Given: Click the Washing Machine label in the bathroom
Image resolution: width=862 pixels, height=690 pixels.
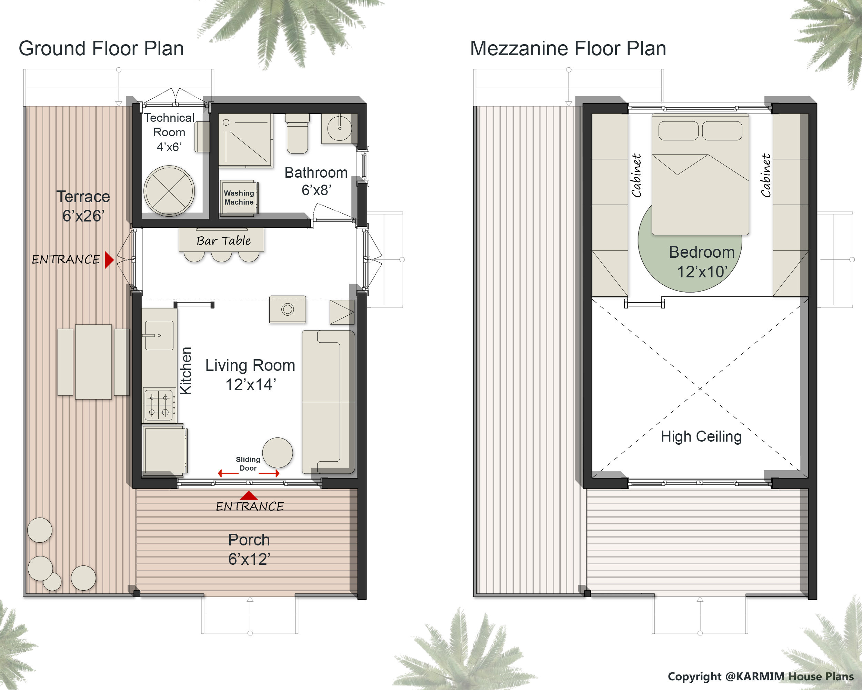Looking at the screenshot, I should (x=239, y=198).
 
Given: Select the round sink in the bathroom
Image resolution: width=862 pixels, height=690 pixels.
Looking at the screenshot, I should (x=339, y=128).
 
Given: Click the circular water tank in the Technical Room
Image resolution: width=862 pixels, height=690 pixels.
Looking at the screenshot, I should (x=169, y=191).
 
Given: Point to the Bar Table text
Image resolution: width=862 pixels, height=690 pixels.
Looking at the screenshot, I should (x=223, y=241).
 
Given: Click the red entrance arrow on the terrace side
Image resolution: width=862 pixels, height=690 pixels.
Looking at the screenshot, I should (x=109, y=259).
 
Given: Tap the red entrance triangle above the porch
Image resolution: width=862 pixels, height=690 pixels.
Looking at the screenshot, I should (x=249, y=496).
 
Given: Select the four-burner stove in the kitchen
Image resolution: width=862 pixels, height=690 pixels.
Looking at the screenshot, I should (x=159, y=404).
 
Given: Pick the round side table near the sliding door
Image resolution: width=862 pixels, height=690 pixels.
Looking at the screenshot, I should (x=278, y=452).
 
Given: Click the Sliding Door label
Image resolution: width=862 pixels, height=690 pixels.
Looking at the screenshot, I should (x=248, y=464).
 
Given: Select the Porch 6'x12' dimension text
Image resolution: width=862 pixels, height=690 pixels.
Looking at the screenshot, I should (x=249, y=559).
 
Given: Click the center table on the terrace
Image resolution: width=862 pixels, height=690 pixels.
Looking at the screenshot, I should (x=93, y=362).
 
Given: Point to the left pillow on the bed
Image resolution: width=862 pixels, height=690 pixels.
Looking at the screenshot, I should (x=678, y=131).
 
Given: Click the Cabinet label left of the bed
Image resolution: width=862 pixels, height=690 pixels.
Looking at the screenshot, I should (x=636, y=176).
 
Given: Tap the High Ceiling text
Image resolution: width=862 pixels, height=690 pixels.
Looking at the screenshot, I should (x=701, y=436).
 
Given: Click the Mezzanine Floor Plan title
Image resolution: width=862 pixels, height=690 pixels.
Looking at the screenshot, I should (x=568, y=48).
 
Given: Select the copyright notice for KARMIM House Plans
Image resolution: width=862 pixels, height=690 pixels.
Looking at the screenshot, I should (x=760, y=677).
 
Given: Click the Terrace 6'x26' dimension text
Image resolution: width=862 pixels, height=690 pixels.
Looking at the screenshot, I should (x=83, y=216).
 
